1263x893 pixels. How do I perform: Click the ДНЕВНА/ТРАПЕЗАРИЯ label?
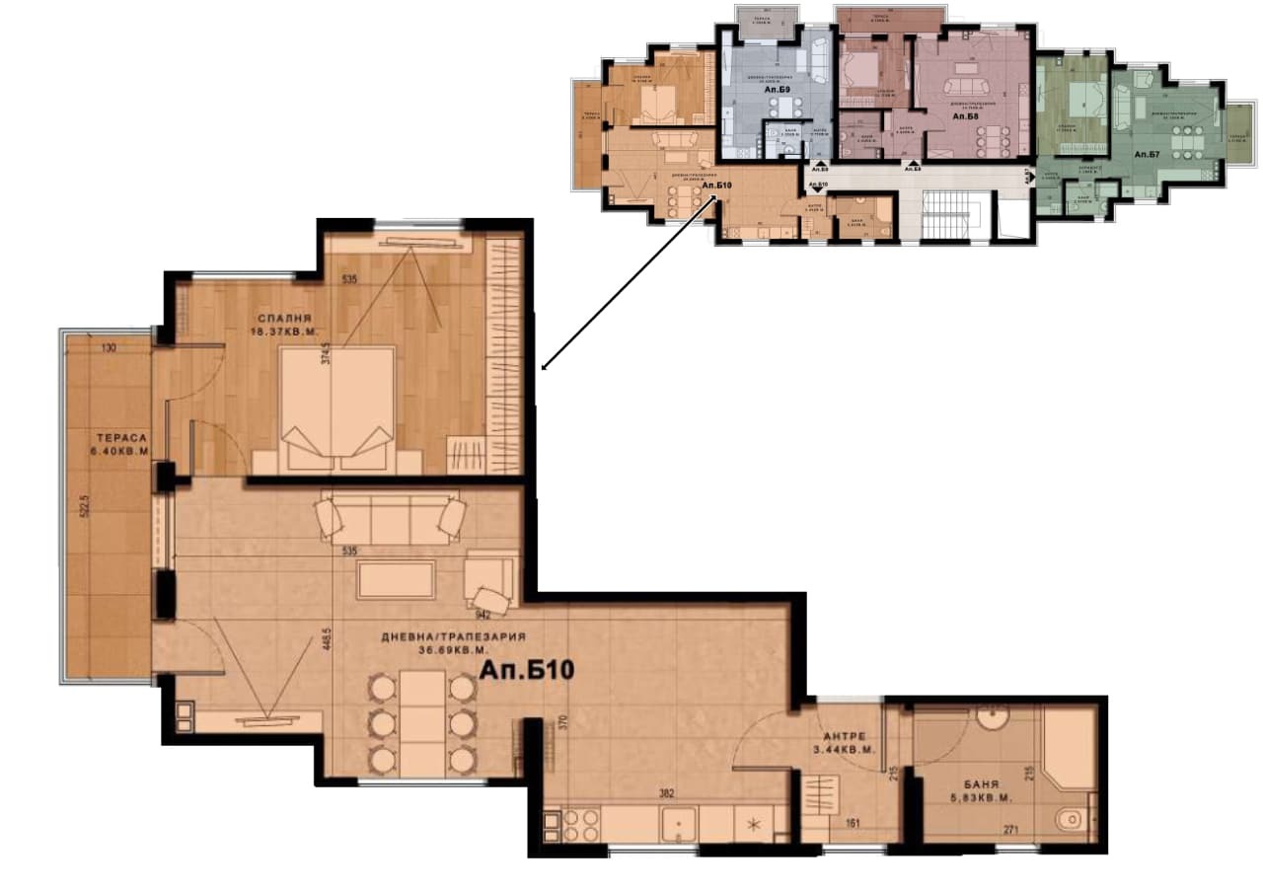[x=453, y=636]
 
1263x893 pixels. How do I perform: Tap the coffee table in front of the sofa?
[x=396, y=579]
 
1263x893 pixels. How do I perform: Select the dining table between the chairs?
[x=422, y=722]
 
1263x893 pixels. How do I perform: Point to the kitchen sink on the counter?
[x=679, y=822]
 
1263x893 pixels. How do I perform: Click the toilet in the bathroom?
[x=1070, y=819]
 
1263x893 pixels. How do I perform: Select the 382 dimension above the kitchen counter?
[x=666, y=792]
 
